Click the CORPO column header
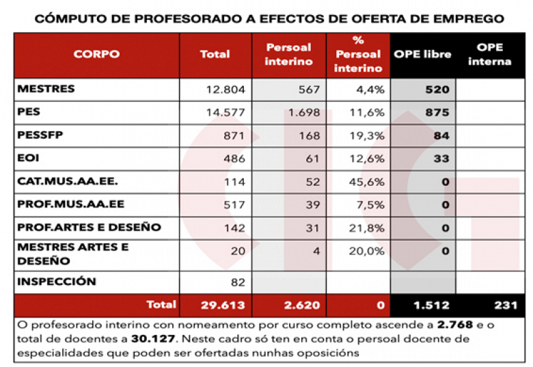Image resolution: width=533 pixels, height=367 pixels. point(96,54)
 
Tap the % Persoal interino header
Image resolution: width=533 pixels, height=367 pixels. point(358,54)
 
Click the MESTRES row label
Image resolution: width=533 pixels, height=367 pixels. point(46,90)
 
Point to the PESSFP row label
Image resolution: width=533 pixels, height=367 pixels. point(40,135)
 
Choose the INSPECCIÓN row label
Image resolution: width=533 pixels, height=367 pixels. point(57,282)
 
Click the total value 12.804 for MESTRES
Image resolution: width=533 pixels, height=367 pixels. point(225,90)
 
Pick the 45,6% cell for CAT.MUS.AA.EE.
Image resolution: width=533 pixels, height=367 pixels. point(368,182)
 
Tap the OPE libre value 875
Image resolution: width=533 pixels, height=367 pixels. point(437,112)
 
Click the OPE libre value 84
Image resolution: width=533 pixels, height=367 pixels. point(441,135)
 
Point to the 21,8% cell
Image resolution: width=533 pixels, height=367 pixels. point(368,228)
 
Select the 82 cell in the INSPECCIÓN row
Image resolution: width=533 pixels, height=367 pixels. point(236,282)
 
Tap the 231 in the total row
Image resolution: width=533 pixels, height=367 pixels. point(506,305)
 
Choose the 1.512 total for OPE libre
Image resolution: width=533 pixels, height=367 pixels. point(430,305)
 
